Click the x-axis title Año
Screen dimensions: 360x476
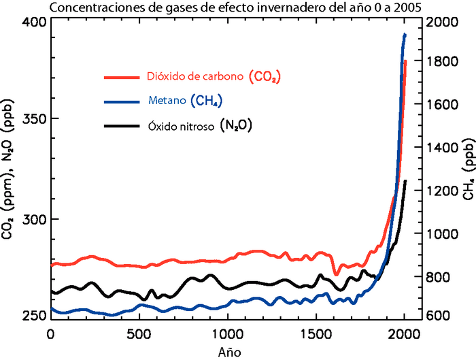228,351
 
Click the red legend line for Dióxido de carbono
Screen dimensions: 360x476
121,77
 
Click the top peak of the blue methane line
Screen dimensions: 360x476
405,34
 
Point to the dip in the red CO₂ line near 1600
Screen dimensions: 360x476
335,274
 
